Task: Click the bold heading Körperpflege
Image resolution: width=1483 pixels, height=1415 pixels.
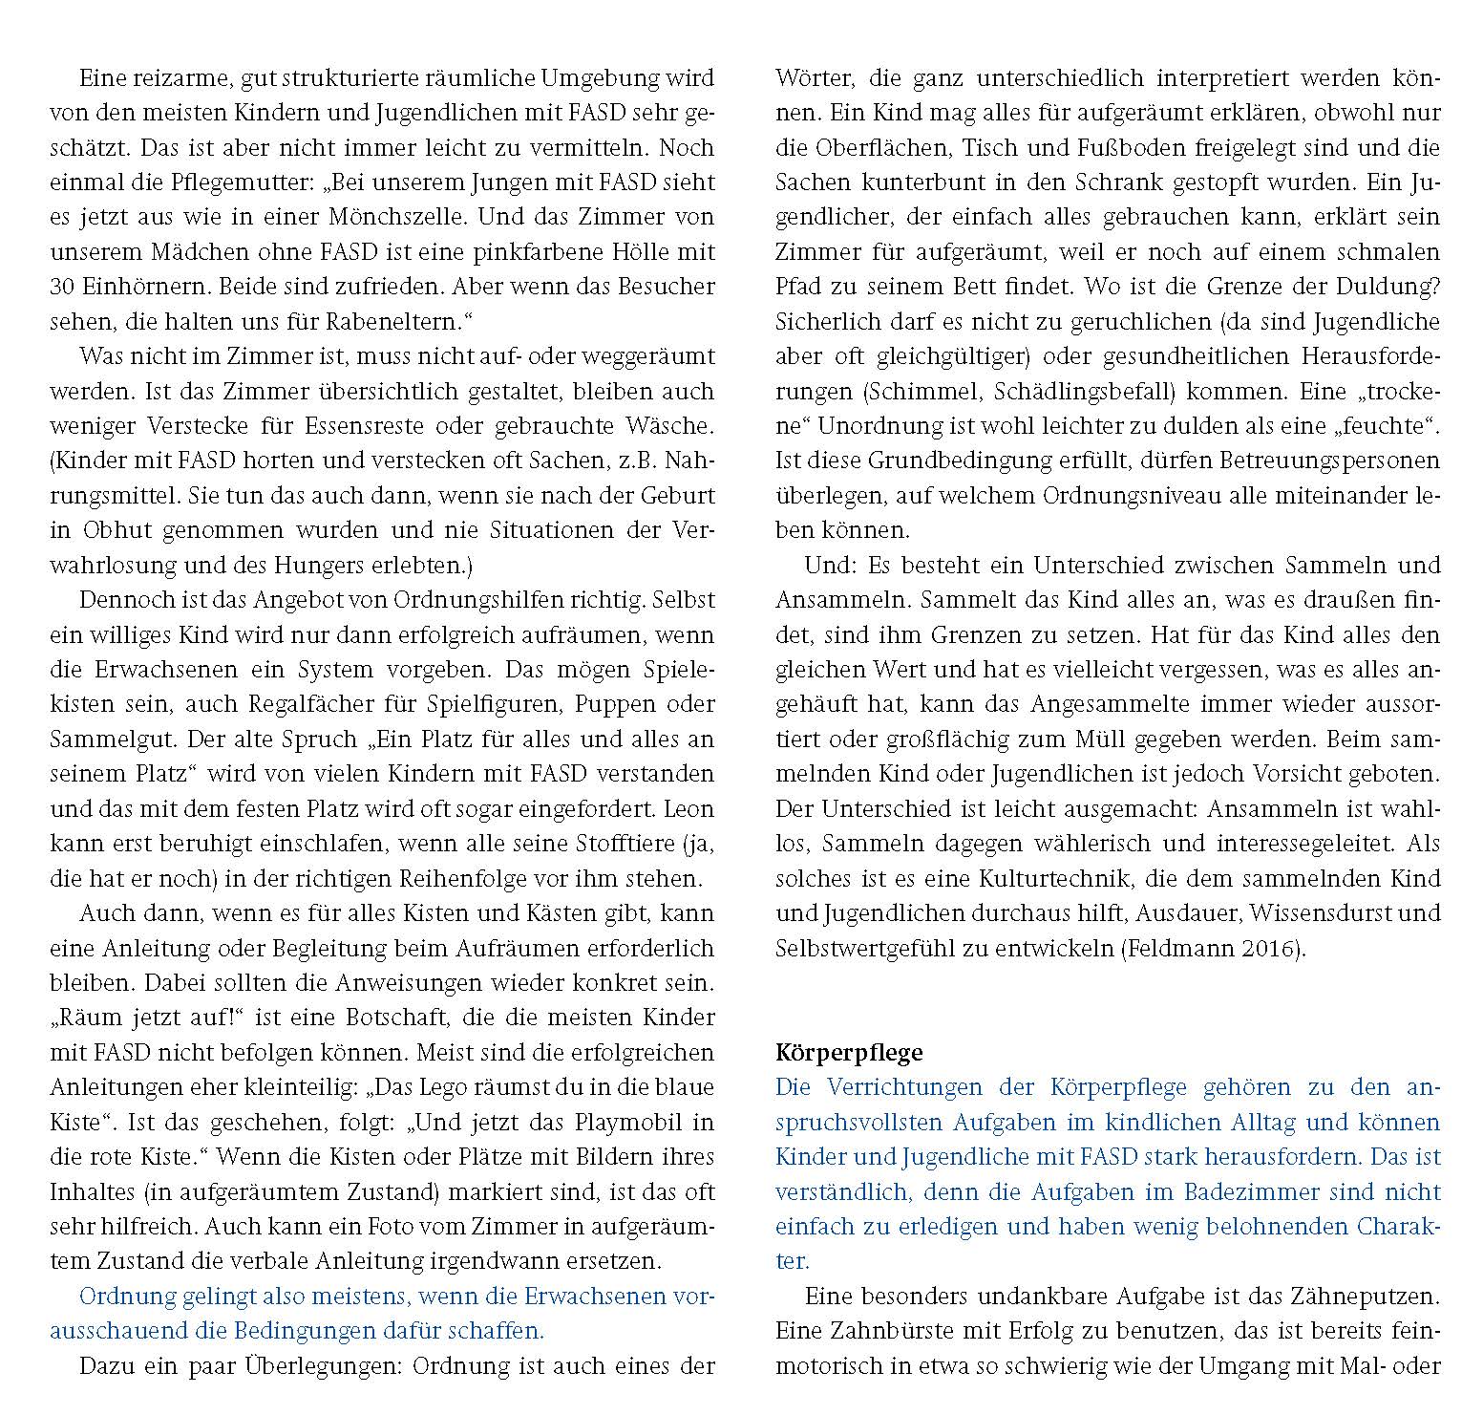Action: [849, 1053]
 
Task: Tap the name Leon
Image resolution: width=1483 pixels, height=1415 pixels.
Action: [690, 809]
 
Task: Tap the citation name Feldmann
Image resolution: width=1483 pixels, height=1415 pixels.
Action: [1170, 949]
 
